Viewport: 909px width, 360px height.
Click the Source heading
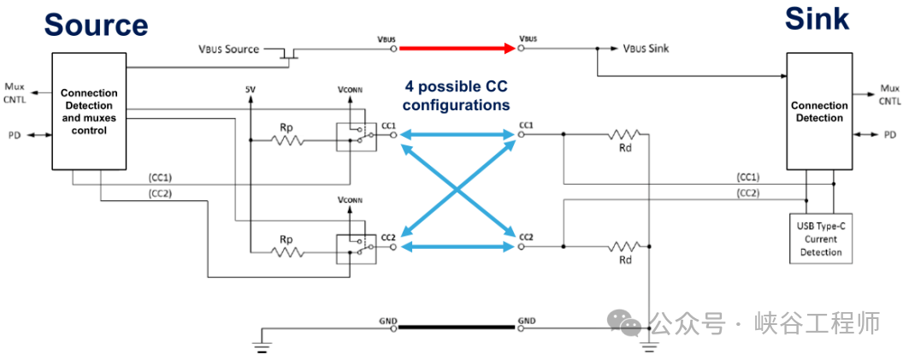96,26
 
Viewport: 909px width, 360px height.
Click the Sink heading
817,20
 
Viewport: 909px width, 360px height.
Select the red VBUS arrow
457,49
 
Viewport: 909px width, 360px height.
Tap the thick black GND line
457,328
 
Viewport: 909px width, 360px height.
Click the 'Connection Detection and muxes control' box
89,111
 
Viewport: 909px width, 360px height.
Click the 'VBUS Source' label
229,50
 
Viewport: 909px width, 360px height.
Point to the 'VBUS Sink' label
646,49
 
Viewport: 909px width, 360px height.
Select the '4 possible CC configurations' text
457,96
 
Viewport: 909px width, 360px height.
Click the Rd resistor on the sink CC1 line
623,134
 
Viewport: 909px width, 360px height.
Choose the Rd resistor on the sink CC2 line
623,247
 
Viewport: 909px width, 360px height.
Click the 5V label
251,90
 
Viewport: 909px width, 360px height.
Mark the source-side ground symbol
262,346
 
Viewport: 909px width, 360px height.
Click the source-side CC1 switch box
356,137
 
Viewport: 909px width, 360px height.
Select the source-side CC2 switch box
356,250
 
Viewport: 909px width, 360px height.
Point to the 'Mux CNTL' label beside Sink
890,95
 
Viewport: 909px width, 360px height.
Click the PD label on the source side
14,136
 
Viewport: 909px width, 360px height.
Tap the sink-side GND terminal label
527,321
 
